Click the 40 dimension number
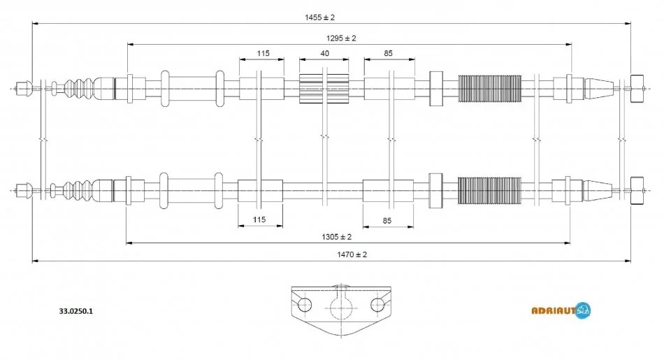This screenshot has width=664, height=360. (x=324, y=53)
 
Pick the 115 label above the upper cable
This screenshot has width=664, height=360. (x=262, y=53)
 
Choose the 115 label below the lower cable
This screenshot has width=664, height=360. (x=259, y=219)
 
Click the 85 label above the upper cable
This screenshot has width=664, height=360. (x=389, y=53)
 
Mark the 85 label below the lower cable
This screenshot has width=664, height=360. (x=387, y=219)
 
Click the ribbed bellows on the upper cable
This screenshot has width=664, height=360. (x=490, y=88)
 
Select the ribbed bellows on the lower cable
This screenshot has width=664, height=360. (x=489, y=189)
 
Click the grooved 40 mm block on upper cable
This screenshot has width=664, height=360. (x=324, y=88)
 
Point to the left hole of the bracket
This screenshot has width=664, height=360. (x=305, y=305)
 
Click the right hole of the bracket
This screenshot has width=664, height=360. (x=377, y=304)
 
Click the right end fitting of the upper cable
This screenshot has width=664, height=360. (x=637, y=88)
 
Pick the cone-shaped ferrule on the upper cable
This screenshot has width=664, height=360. (x=598, y=88)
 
